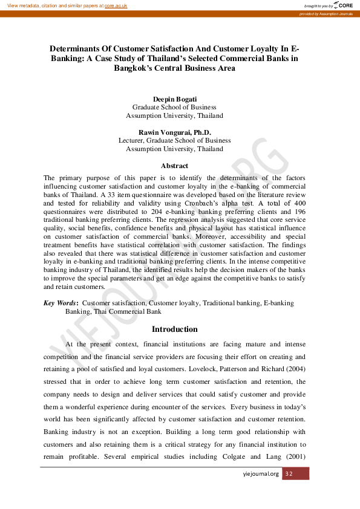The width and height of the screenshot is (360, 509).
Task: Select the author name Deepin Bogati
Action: pos(174,98)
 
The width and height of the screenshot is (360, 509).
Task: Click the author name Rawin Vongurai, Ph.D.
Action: pos(174,132)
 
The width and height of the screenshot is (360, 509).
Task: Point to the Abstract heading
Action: pos(174,166)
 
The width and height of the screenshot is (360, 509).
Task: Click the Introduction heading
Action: pos(174,329)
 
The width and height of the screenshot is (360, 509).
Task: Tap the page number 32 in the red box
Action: pos(289,474)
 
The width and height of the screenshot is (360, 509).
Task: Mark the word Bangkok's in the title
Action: pos(139,68)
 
